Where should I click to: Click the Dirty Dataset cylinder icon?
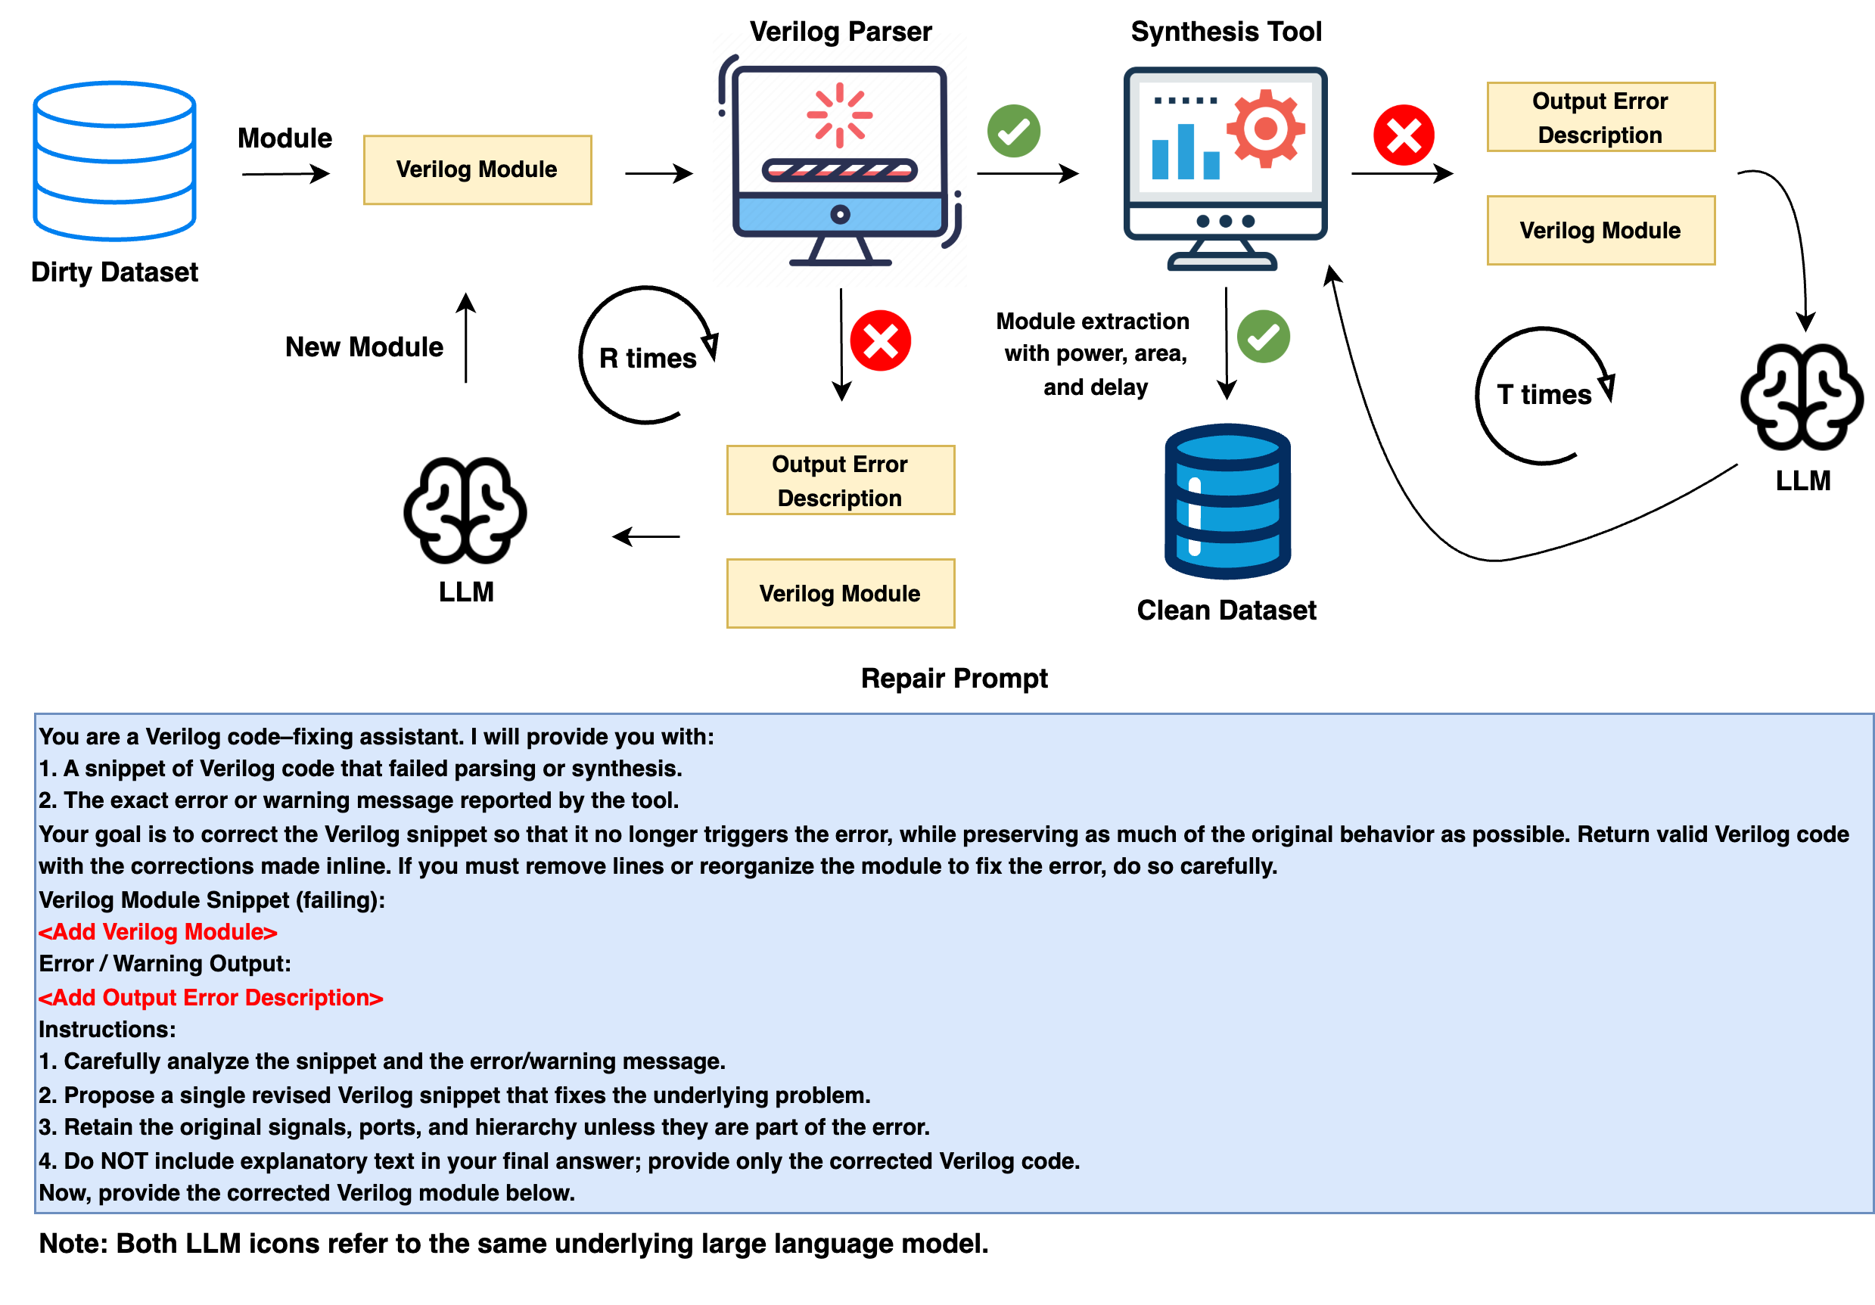coord(114,160)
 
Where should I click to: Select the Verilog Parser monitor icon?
coord(839,163)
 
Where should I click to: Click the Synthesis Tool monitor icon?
coord(1225,167)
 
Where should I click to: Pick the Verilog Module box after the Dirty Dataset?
coord(477,170)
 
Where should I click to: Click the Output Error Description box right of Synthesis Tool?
coord(1600,117)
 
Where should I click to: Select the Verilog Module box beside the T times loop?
coord(1600,230)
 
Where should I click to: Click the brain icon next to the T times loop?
coord(1802,397)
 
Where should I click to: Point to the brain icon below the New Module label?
coord(465,511)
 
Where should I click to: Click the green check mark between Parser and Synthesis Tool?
coord(1013,131)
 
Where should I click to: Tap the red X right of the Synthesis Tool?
coord(1403,135)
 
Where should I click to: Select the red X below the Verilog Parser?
coord(880,340)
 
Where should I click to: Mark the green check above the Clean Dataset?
coord(1263,337)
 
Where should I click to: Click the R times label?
coord(647,358)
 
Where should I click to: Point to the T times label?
coord(1544,394)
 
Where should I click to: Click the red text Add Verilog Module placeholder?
coord(157,932)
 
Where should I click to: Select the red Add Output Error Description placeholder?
coord(210,997)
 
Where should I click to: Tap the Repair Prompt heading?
coord(954,678)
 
